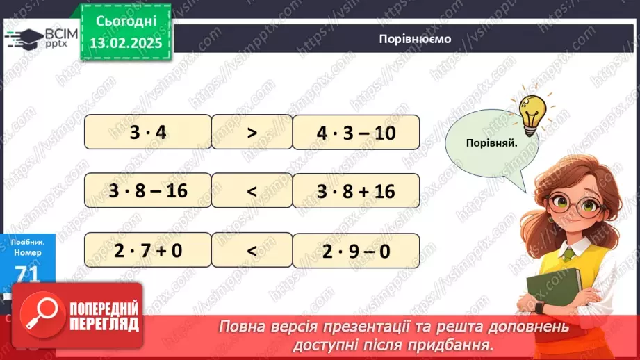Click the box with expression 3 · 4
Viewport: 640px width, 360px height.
tap(147, 132)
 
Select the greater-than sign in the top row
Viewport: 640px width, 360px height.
tap(252, 132)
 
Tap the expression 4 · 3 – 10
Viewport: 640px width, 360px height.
tap(356, 132)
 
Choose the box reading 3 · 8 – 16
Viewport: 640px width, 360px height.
tap(147, 190)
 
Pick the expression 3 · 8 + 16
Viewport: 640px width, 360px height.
tap(356, 190)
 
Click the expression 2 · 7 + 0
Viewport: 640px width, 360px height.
tap(147, 250)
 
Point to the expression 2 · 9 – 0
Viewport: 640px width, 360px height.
tap(356, 250)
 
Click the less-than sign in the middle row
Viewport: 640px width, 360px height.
tap(252, 190)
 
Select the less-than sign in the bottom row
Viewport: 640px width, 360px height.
tap(252, 250)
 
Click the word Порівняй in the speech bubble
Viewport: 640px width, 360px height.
tap(493, 142)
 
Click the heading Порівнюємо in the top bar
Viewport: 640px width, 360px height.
tap(415, 39)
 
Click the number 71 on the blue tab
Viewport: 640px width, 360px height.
tap(27, 273)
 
